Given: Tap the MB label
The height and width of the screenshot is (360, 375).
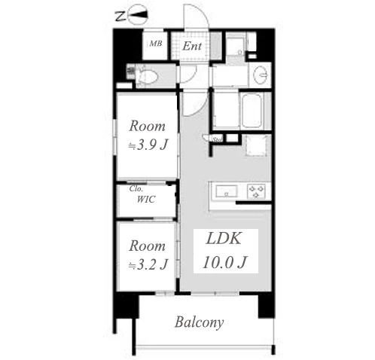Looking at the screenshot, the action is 156,44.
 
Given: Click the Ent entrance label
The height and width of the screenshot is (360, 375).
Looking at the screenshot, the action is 192,46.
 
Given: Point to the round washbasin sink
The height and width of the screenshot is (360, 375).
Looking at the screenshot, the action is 261,75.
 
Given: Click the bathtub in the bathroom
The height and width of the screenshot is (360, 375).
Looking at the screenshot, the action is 252,111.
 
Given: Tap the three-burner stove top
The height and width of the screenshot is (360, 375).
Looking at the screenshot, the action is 257,191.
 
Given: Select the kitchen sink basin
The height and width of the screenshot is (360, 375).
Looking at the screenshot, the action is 227,191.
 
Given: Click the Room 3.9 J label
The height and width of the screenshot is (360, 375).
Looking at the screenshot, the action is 148,136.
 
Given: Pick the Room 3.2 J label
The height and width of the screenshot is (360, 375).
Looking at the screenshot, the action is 148,255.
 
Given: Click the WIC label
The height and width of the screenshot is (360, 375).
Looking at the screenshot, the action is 146,200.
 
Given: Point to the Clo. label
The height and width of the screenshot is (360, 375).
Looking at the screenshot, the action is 136,188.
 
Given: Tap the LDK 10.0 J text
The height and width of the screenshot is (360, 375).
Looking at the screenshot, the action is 225,251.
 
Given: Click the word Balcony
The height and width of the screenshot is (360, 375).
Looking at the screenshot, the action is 199,322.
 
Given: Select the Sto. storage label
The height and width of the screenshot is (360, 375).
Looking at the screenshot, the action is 218,139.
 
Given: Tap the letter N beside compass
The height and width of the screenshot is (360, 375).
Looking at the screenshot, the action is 120,17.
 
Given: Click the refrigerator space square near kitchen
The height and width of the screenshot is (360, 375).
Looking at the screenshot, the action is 256,145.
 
